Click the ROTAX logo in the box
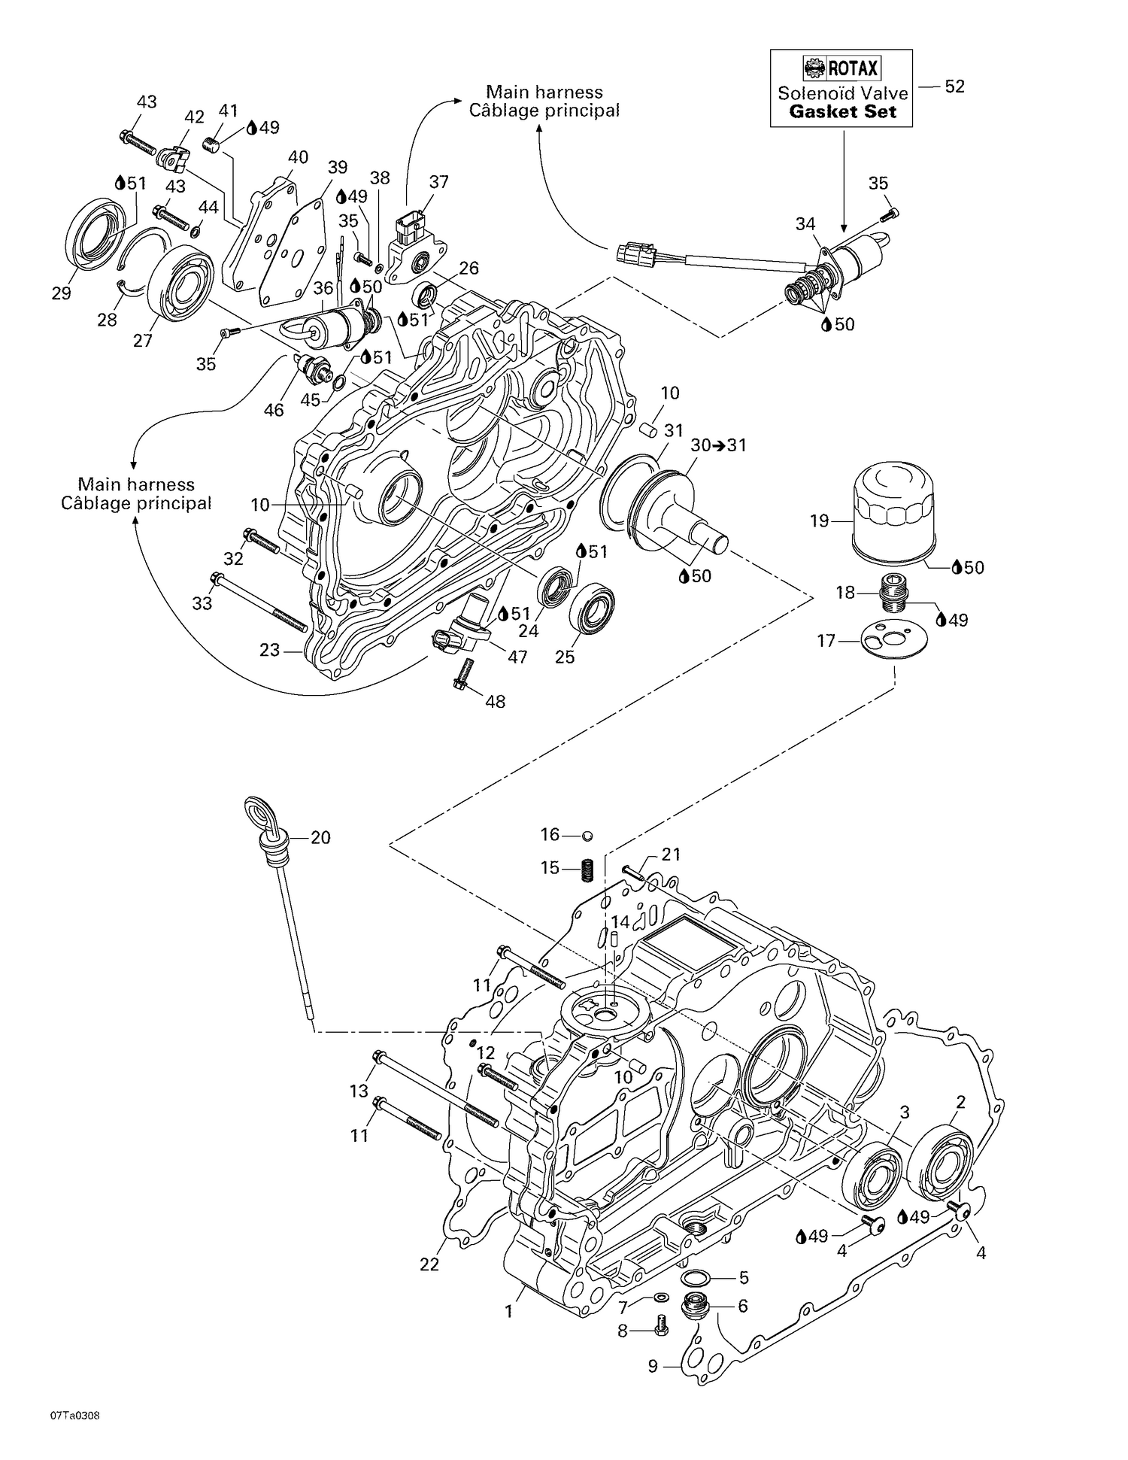pos(841,69)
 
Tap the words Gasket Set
pos(842,112)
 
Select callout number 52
pos(954,87)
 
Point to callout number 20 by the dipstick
pos(320,837)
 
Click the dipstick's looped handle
pos(258,814)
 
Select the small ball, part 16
pos(588,835)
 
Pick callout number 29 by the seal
pos(61,293)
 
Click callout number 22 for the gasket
pos(429,1264)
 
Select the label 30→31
pos(718,445)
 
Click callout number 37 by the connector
pos(438,182)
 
